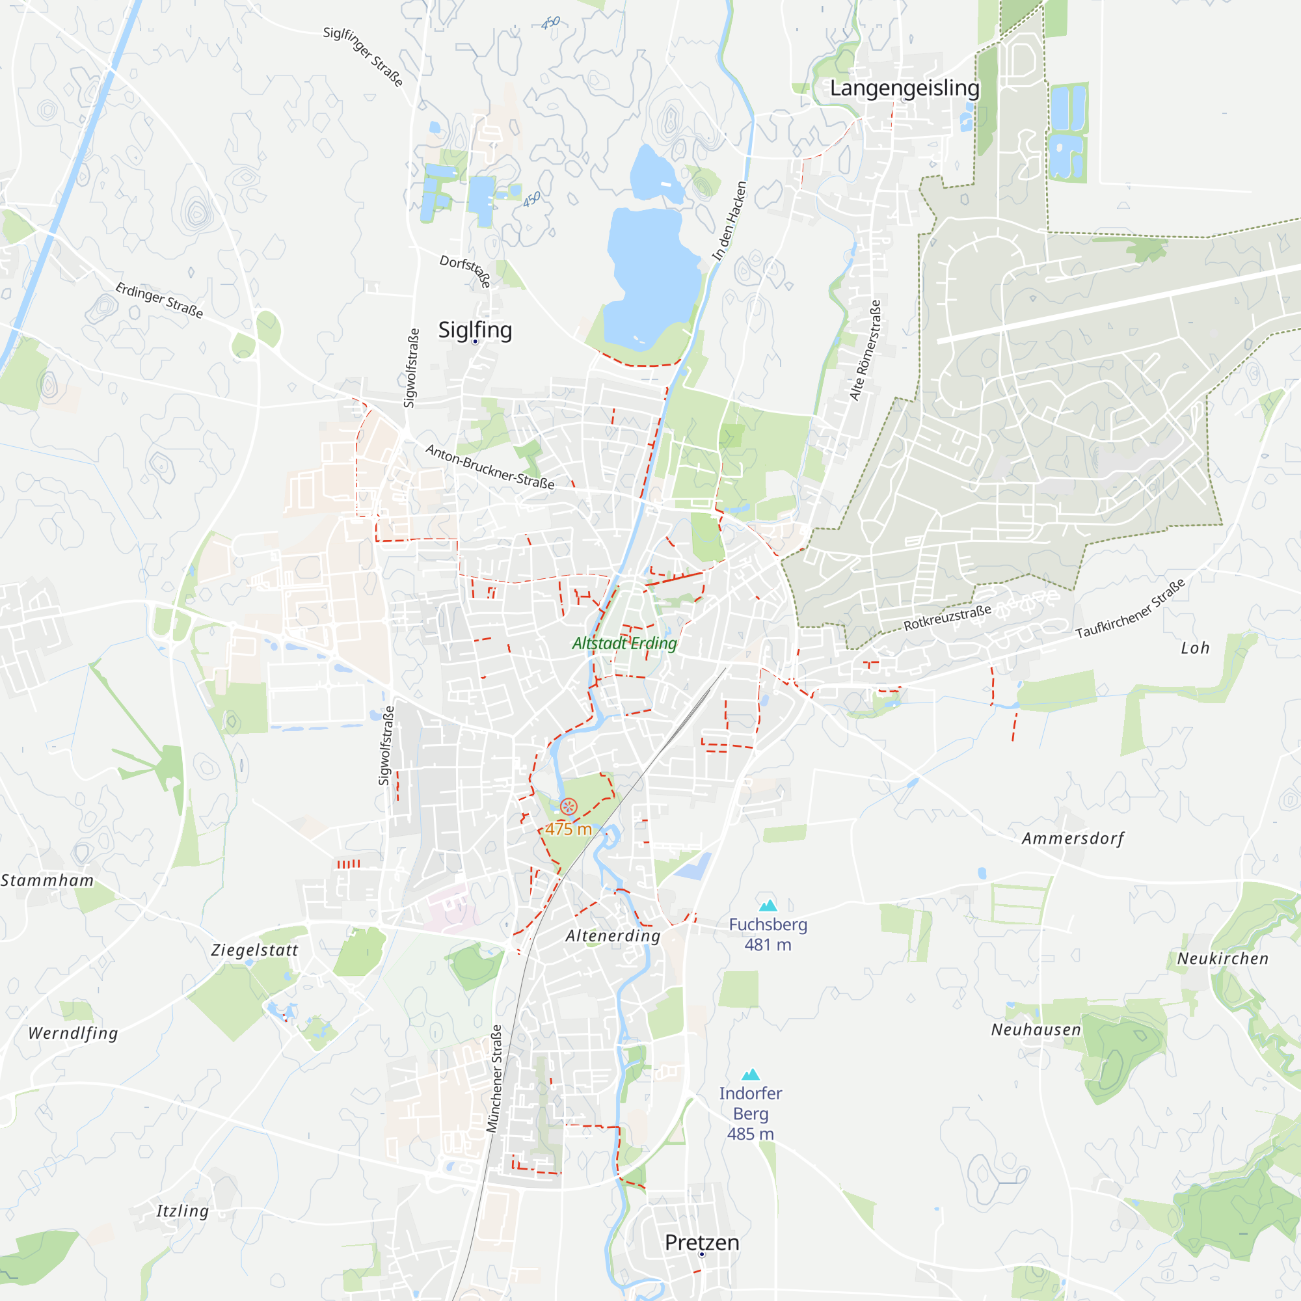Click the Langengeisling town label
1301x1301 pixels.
click(x=904, y=88)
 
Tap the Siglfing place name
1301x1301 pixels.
click(x=475, y=330)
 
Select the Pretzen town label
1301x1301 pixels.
click(x=702, y=1242)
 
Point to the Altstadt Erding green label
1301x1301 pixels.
click(x=624, y=643)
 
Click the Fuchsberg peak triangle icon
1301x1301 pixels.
click(x=768, y=905)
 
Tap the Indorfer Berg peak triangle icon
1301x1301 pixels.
click(x=750, y=1075)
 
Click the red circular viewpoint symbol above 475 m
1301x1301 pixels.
click(x=569, y=806)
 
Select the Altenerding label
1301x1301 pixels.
click(x=613, y=935)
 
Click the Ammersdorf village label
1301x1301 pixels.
click(x=1073, y=838)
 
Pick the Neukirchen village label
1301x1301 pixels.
click(x=1222, y=958)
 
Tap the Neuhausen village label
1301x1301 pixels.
click(x=1036, y=1030)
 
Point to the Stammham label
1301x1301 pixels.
click(x=47, y=880)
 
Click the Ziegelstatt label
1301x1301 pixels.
click(x=254, y=950)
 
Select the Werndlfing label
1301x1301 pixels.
click(x=73, y=1033)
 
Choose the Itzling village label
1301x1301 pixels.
click(x=183, y=1211)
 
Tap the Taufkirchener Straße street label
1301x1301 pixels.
click(x=1130, y=609)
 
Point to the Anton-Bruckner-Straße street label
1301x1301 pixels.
click(x=490, y=466)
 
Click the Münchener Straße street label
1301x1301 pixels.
click(x=494, y=1078)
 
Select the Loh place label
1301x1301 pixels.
click(x=1195, y=648)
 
